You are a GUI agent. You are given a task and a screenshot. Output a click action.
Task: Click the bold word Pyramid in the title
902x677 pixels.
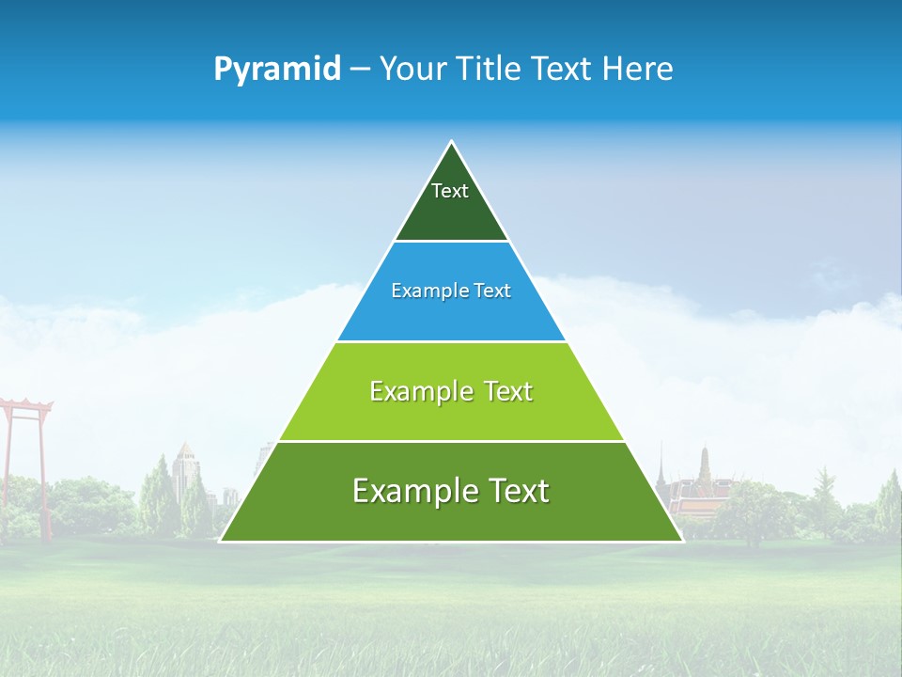click(x=277, y=70)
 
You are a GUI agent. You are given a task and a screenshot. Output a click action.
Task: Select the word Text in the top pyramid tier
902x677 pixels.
click(x=450, y=191)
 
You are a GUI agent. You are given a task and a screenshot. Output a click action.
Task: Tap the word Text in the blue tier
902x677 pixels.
click(x=493, y=291)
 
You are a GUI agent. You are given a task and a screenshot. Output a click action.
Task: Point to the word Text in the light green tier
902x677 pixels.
click(x=508, y=392)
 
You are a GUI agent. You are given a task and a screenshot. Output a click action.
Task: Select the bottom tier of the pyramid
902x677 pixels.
click(x=451, y=517)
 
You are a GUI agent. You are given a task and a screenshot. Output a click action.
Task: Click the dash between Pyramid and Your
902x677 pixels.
click(x=360, y=70)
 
